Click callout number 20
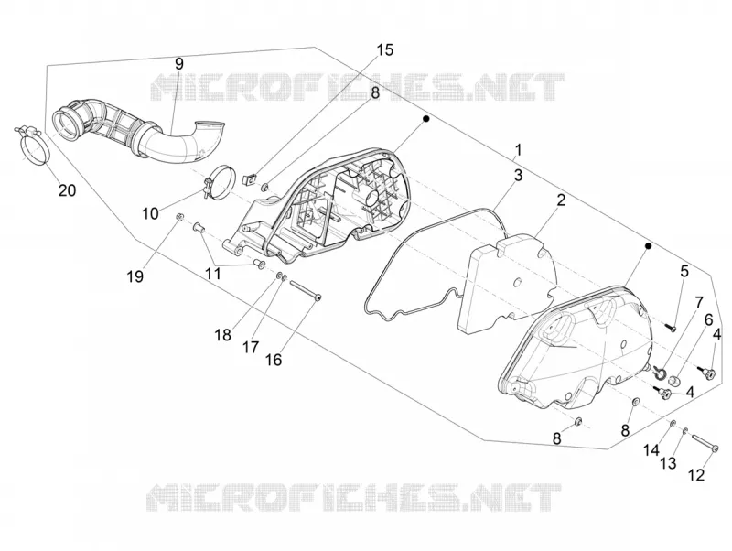coord(67,190)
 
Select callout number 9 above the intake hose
coord(179,64)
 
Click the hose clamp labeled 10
coord(220,181)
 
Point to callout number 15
coord(385,49)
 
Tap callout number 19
coord(135,277)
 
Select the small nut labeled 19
coord(179,216)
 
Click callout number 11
coord(213,274)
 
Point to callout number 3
coord(518,176)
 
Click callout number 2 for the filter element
coord(561,200)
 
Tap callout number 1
coord(518,150)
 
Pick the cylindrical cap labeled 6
coord(674,382)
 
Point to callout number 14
coord(651,450)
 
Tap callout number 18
coord(223,335)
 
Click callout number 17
coord(251,348)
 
